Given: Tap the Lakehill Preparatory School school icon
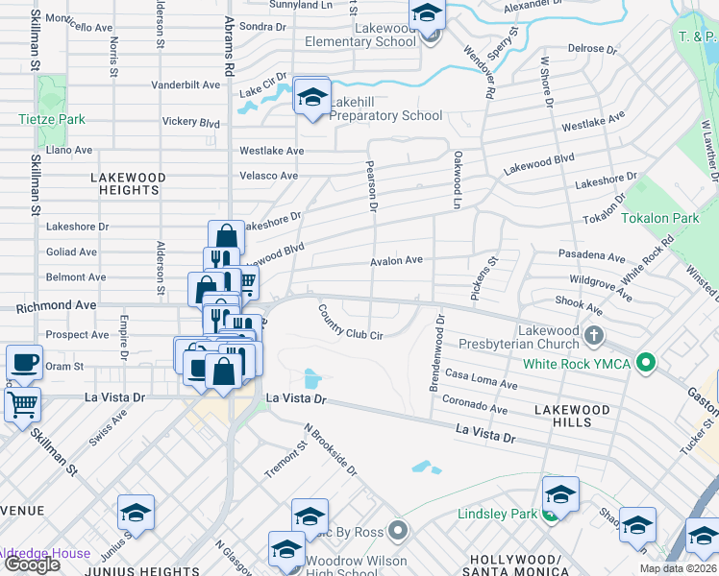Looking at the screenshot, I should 311,97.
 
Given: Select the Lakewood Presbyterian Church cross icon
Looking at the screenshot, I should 594,336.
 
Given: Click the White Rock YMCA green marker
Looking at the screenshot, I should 646,364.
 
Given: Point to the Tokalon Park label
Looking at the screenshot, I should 659,219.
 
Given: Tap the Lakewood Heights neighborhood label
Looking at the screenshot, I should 128,184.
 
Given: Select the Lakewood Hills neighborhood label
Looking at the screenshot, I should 572,416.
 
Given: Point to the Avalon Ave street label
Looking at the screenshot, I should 397,260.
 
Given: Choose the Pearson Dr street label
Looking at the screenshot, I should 371,182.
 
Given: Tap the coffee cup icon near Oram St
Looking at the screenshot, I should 24,364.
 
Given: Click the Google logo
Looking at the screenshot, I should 32,564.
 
